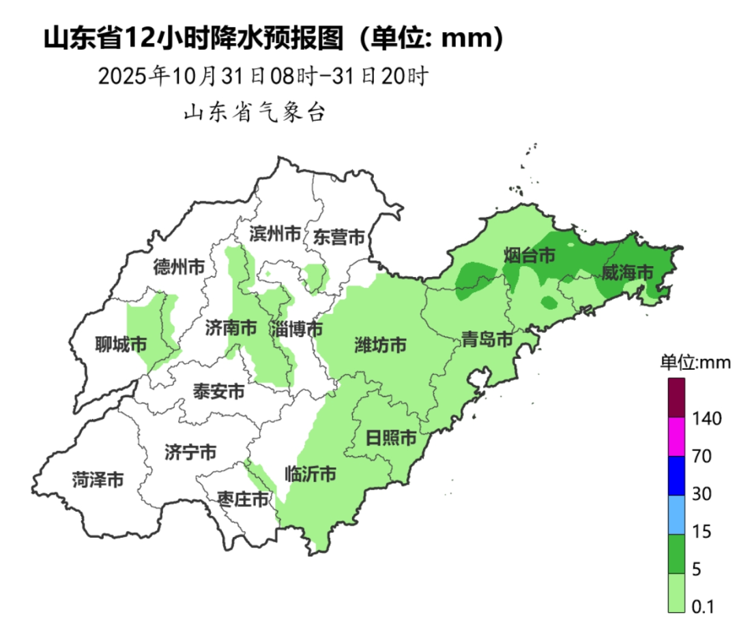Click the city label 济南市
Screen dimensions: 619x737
click(231, 328)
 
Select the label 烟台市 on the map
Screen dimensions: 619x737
click(530, 256)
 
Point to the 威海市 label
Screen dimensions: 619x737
click(627, 272)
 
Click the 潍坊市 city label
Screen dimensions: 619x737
click(381, 345)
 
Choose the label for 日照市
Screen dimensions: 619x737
click(390, 437)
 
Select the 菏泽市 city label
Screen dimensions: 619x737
click(98, 480)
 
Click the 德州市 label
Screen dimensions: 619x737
click(179, 267)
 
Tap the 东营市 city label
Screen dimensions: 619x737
click(339, 237)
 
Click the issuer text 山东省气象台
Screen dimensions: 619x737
click(254, 113)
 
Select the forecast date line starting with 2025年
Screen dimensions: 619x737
click(263, 76)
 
